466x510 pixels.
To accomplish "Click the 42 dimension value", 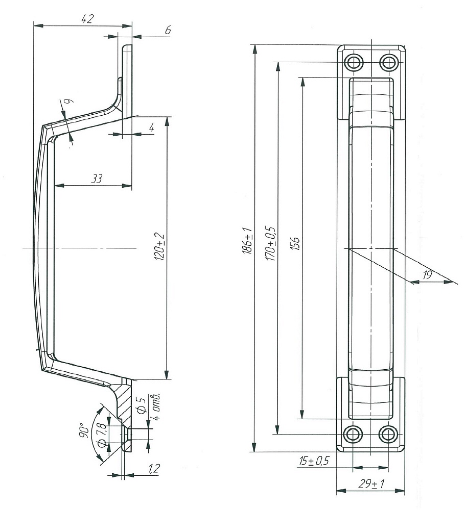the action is pos(87,19).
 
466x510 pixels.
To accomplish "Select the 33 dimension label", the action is pos(96,178).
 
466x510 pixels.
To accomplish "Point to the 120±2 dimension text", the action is pos(160,246).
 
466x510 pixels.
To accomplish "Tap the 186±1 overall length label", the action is pos(248,240).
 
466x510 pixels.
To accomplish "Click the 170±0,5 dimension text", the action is pos(270,244).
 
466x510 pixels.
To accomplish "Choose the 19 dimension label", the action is pos(427,275).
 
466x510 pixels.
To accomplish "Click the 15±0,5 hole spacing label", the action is pos(314,461).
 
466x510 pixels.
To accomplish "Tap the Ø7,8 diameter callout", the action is pos(102,434).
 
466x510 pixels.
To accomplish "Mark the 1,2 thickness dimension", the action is pos(153,468).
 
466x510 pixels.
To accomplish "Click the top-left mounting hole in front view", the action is pos(354,62).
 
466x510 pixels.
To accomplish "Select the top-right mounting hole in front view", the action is pos(388,62).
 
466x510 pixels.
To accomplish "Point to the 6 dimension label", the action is pos(168,30).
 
